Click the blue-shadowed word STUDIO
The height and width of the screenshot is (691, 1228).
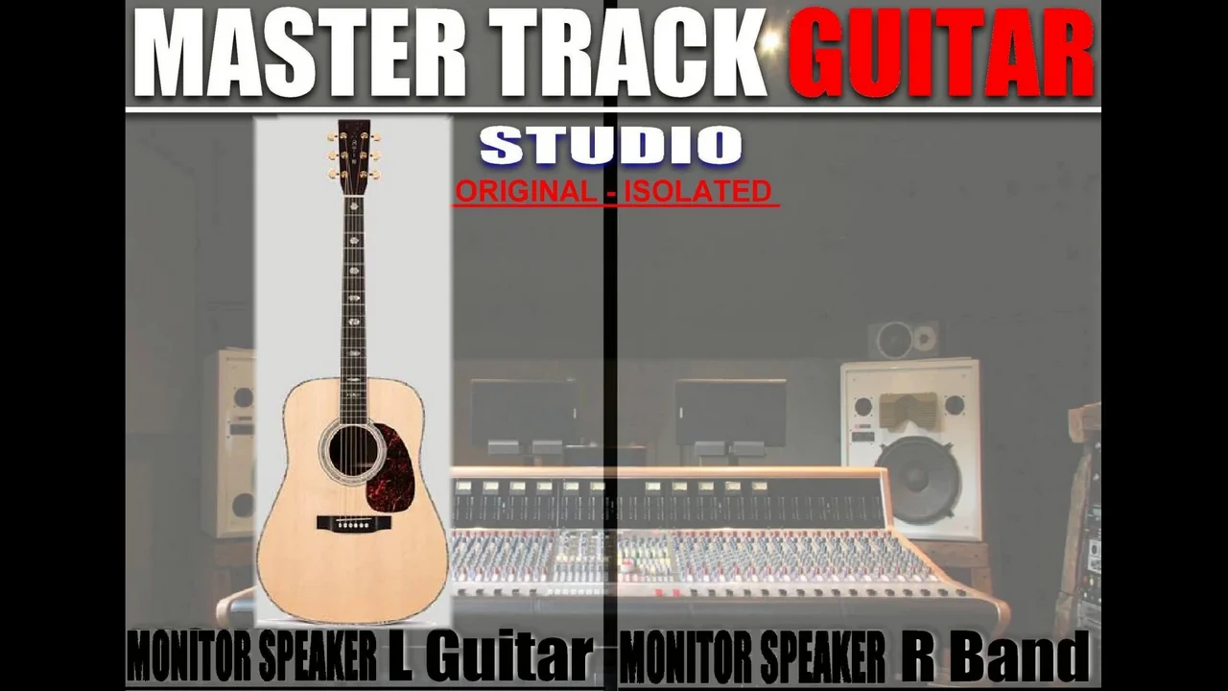[x=611, y=145]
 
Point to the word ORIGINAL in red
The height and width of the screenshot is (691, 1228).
[x=526, y=191]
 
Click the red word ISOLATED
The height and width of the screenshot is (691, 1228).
[x=697, y=191]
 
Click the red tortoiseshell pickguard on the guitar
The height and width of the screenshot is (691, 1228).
[x=392, y=469]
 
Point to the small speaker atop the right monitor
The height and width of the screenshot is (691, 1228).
[x=904, y=340]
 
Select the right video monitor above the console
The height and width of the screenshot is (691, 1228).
[x=730, y=413]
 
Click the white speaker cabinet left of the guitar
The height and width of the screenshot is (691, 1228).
[x=229, y=443]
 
